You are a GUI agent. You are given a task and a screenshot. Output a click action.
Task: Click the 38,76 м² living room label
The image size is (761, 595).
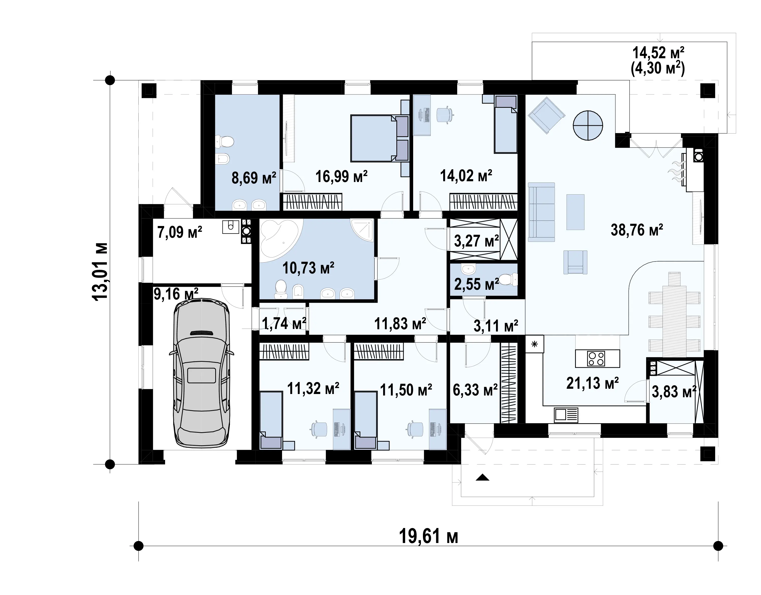tap(637, 230)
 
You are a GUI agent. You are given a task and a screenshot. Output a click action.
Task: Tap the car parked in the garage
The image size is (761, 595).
tap(201, 372)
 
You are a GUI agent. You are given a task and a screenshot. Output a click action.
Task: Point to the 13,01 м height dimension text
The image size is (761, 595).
tap(100, 271)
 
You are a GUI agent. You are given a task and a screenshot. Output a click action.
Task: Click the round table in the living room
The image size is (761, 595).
tap(588, 125)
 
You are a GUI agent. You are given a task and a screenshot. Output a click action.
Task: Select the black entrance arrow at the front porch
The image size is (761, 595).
tap(482, 477)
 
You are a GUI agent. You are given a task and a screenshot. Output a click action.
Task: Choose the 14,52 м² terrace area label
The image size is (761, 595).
tap(658, 52)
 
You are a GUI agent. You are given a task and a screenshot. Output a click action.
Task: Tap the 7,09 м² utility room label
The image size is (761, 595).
tap(179, 232)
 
